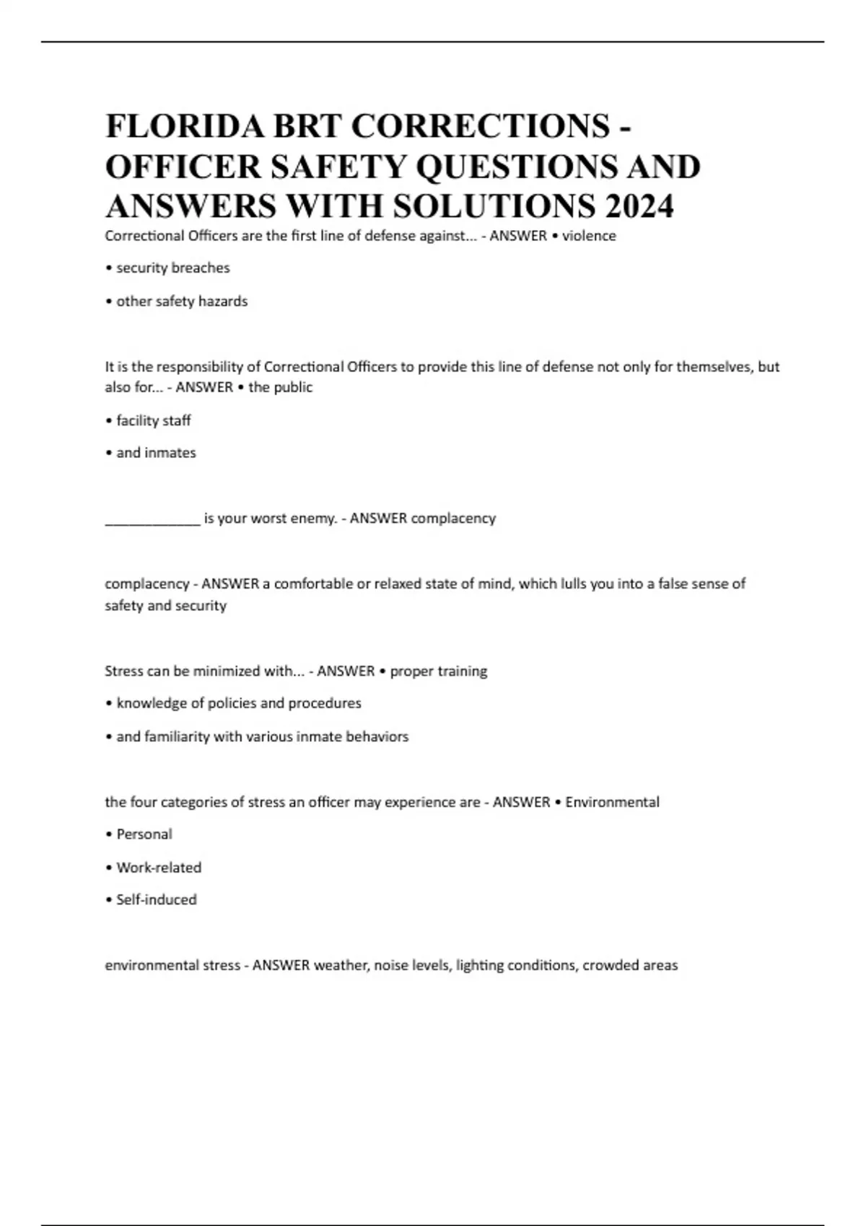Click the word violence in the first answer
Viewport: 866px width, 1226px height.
click(x=589, y=236)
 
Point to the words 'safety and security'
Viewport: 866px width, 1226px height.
click(x=165, y=606)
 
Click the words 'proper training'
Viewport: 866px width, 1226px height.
click(x=438, y=671)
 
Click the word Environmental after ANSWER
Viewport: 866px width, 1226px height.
click(x=612, y=803)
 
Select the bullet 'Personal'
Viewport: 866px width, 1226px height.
click(x=144, y=834)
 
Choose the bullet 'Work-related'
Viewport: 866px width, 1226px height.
click(x=158, y=868)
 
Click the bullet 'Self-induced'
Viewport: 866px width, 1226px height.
click(x=156, y=900)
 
